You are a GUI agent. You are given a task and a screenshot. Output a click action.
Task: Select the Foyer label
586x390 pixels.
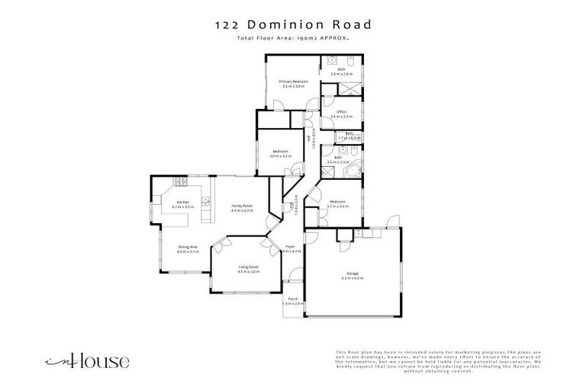pos(290,248)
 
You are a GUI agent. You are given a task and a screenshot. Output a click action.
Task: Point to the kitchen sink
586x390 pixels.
pos(204,203)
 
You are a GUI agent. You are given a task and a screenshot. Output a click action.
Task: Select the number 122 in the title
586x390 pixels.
pos(227,24)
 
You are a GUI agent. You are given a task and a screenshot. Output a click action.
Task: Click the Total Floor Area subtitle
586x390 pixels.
pos(292,37)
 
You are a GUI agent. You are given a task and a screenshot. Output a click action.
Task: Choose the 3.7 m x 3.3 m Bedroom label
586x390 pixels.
pos(338,203)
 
